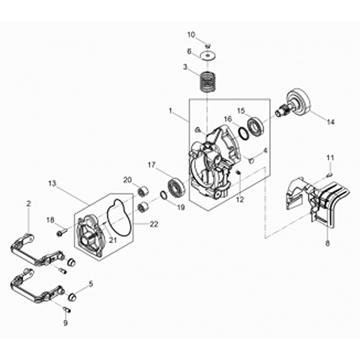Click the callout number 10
tap(191, 34)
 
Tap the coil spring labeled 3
tap(208, 82)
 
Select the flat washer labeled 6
tap(208, 55)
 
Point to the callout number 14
tap(330, 121)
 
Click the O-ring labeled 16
tap(243, 133)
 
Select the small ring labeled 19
tap(164, 196)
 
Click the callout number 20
tap(127, 180)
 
